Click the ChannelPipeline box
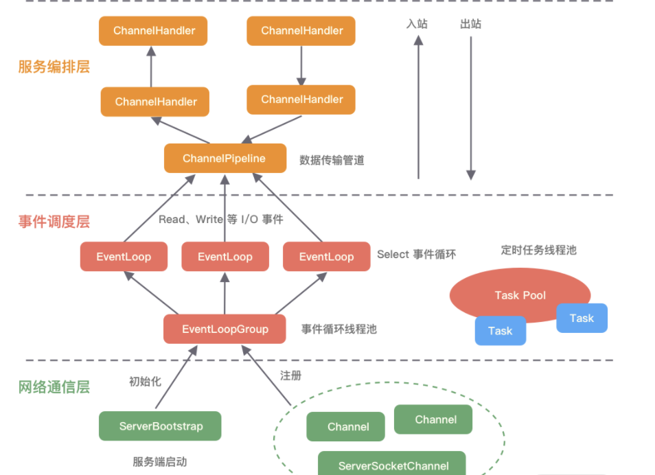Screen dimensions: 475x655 (225, 159)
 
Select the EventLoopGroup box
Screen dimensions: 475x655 (225, 329)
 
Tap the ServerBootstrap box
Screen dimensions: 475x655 (161, 426)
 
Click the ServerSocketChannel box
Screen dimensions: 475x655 (393, 464)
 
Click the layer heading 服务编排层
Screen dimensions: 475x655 (54, 67)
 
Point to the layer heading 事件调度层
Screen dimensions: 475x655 (54, 222)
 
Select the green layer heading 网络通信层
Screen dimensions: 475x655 (54, 386)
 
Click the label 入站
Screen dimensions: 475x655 (417, 24)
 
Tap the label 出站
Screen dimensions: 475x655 (470, 24)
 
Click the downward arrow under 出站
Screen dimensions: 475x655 (470, 110)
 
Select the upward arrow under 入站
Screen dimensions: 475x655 (418, 110)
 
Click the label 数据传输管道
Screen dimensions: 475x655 (332, 160)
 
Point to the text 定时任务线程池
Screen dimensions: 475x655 (538, 250)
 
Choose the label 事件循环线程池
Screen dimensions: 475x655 (338, 329)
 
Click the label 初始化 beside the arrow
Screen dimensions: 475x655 (145, 381)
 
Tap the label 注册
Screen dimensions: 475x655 (290, 375)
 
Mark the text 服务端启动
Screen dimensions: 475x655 (159, 461)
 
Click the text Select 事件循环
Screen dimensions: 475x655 (416, 254)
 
